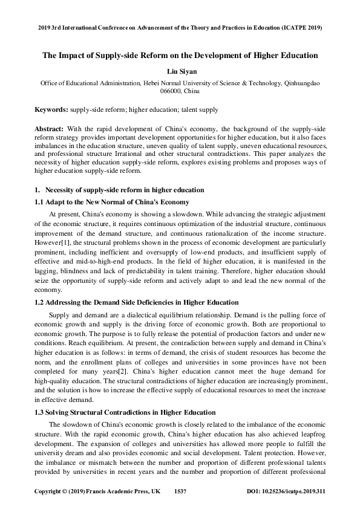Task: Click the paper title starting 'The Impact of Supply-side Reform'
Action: tap(180, 56)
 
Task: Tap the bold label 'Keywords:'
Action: tap(53, 109)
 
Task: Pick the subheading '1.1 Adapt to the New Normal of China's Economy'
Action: tap(112, 201)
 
